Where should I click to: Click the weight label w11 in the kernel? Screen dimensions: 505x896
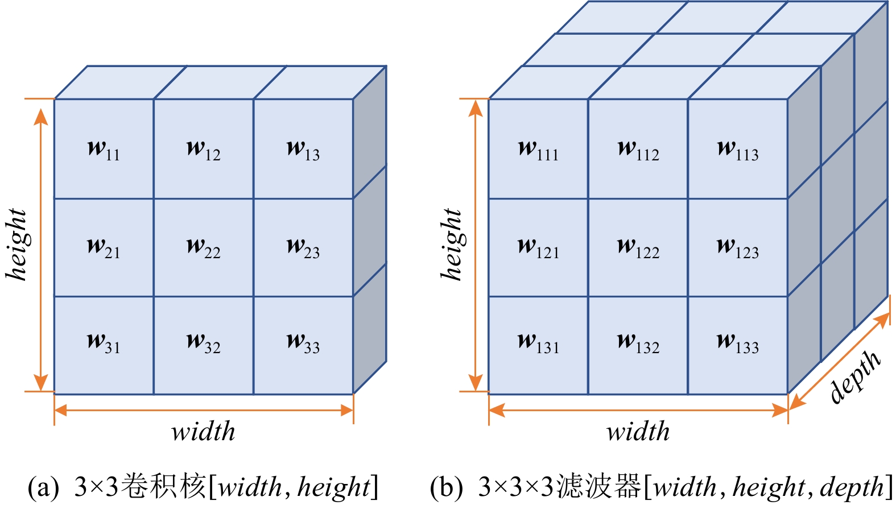(104, 150)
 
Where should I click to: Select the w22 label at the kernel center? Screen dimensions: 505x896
(203, 247)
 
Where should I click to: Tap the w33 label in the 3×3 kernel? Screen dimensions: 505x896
(303, 343)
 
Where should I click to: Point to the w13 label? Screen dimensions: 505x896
(303, 150)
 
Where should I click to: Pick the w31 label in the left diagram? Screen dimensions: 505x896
(104, 343)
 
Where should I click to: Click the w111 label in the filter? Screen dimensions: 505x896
(538, 150)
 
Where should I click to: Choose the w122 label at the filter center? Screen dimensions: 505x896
(638, 247)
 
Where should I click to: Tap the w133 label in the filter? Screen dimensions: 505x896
(738, 343)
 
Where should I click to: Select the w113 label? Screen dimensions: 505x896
(738, 150)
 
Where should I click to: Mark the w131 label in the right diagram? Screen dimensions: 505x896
(538, 343)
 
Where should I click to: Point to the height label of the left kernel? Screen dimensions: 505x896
(18, 245)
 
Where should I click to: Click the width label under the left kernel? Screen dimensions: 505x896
(203, 432)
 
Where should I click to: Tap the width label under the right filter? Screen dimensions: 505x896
(638, 432)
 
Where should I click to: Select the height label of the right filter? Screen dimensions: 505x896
(452, 245)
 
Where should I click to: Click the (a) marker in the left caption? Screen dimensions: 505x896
(43, 487)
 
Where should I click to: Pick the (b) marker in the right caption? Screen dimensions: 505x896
(446, 487)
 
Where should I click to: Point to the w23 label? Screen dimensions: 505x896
(303, 247)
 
